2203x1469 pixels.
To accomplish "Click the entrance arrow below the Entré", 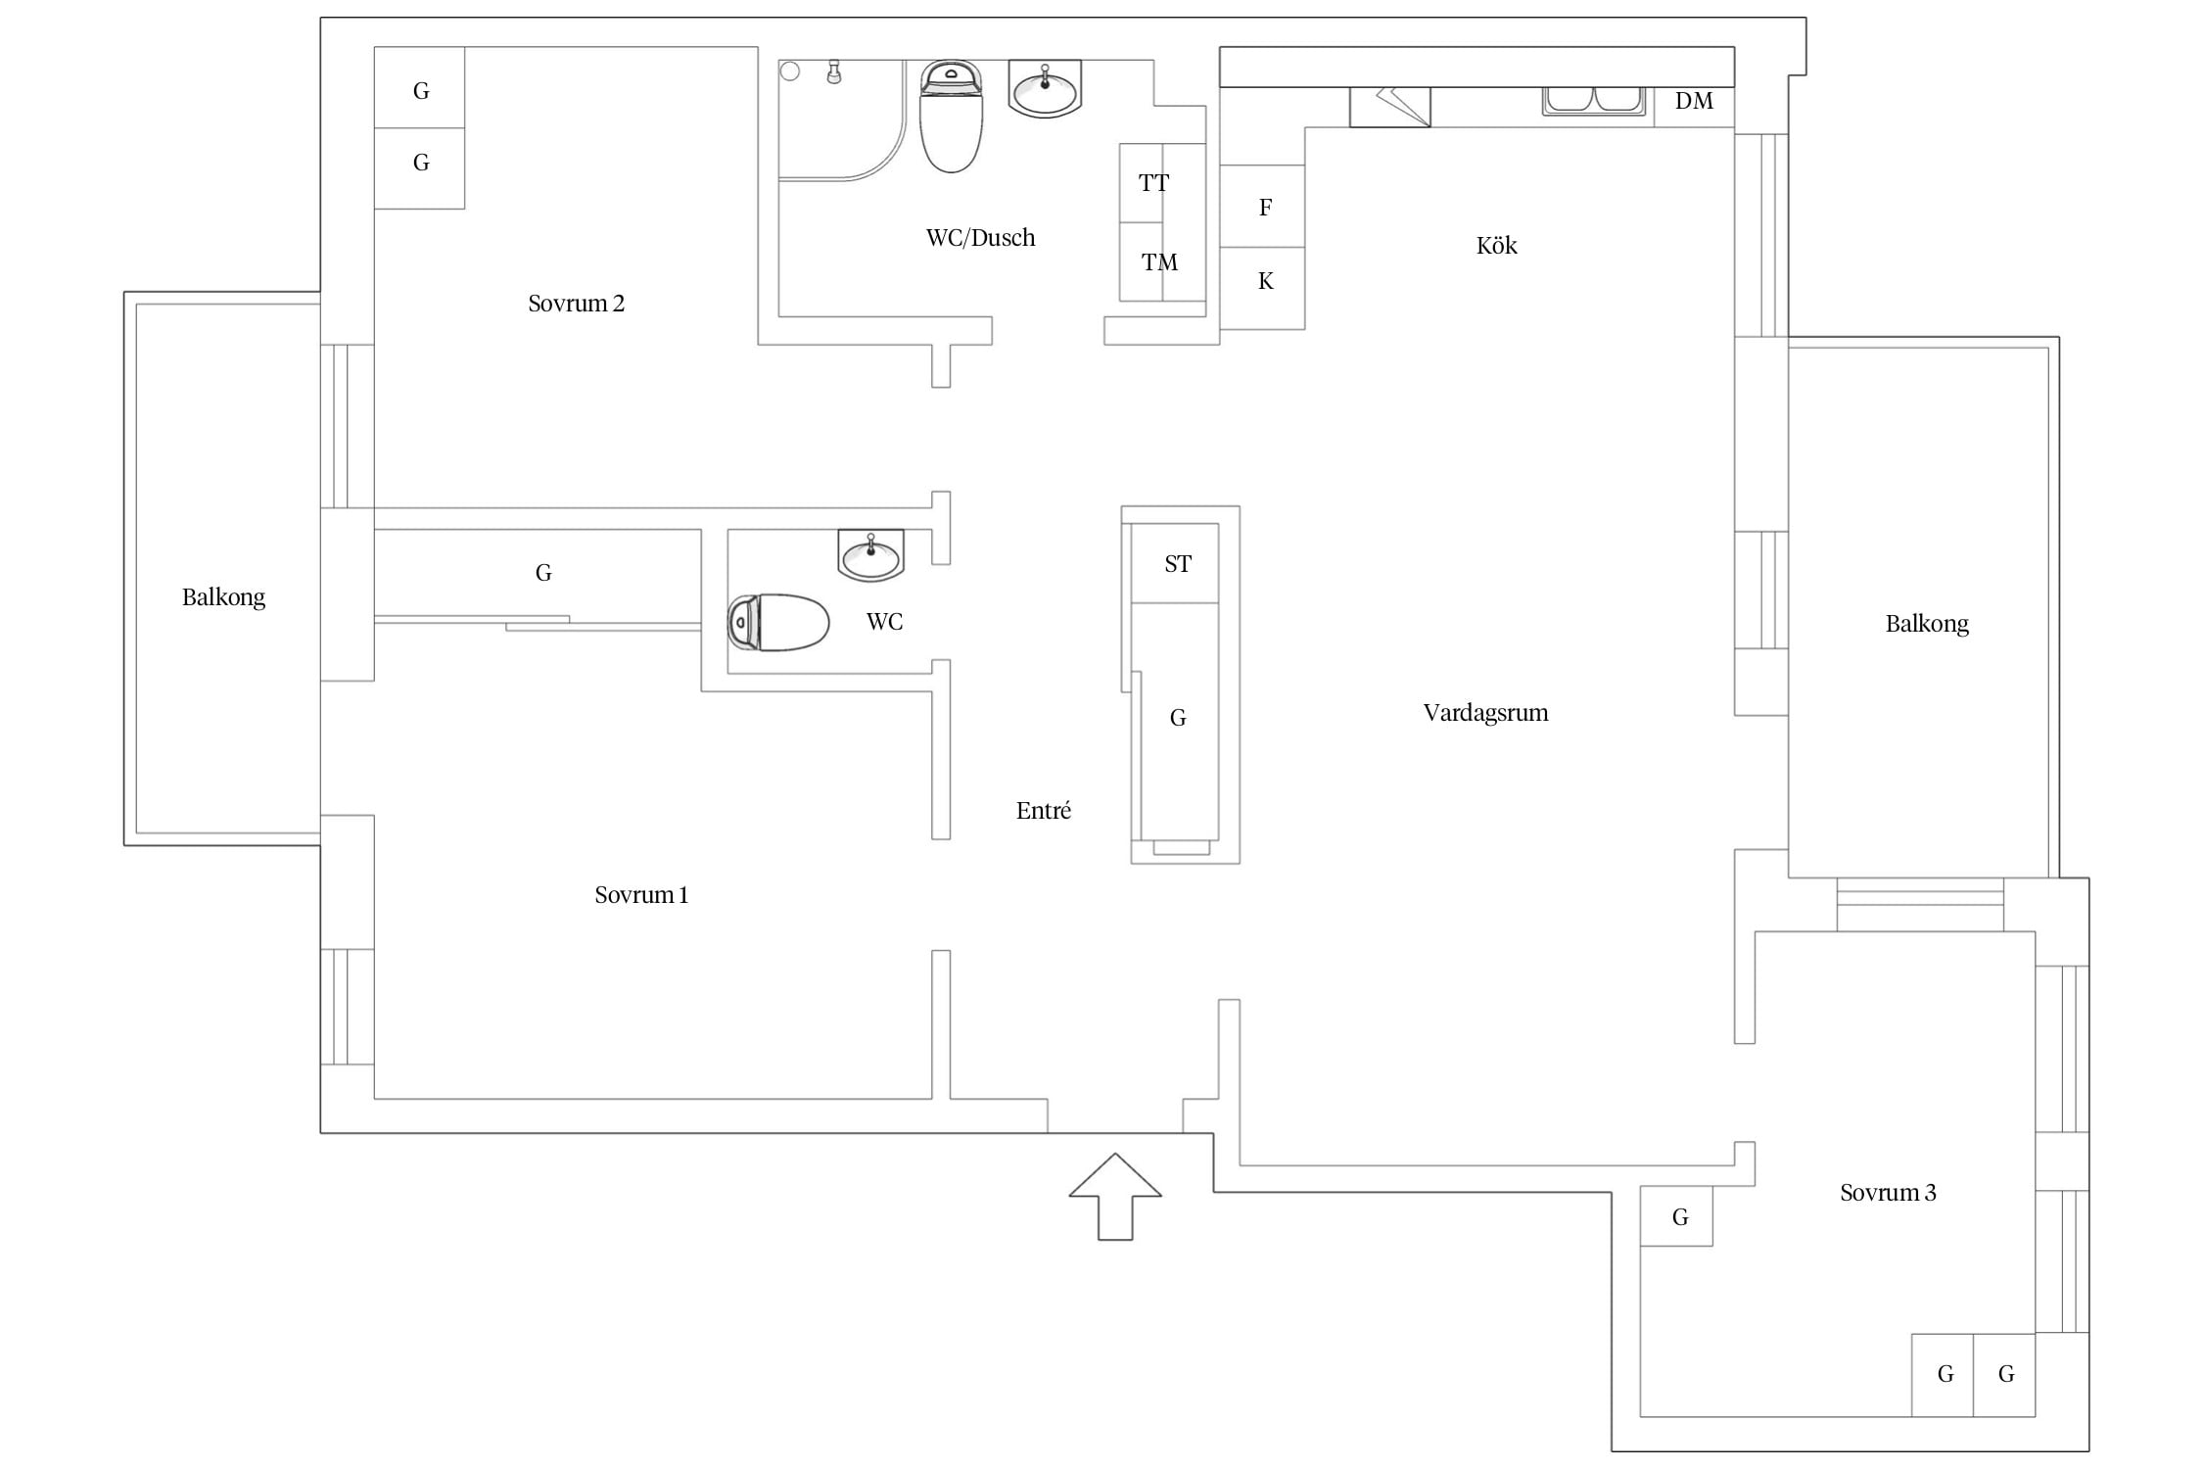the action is pos(1115,1197).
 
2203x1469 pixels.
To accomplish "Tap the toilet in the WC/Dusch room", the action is pos(951,117).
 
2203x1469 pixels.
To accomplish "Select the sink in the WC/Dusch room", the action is pos(1045,89).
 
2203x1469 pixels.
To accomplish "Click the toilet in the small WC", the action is pos(778,622).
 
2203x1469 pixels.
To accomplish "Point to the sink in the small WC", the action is pos(870,555).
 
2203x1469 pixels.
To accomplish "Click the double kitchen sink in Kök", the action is pos(1594,101).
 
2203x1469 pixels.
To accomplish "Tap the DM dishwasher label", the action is pos(1694,101).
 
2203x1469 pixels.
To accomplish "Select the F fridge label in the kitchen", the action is pos(1265,208).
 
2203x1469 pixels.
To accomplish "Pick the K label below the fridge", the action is pos(1265,282).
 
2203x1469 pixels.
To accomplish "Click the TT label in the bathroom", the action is pos(1153,183).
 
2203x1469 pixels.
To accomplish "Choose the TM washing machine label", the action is pos(1159,262).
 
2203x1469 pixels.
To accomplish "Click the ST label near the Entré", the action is pos(1178,564).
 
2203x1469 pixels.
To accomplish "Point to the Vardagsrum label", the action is pos(1485,713).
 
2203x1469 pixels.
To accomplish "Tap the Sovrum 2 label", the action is pos(576,304).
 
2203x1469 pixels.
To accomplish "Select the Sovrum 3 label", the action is pos(1888,1193).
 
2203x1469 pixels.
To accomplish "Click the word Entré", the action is pos(1044,811).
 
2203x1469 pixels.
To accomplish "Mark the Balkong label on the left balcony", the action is pos(223,598).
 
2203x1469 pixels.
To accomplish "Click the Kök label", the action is pos(1496,245).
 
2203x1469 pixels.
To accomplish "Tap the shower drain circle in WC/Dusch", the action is pos(790,71).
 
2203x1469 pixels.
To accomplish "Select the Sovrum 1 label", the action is pos(641,895).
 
